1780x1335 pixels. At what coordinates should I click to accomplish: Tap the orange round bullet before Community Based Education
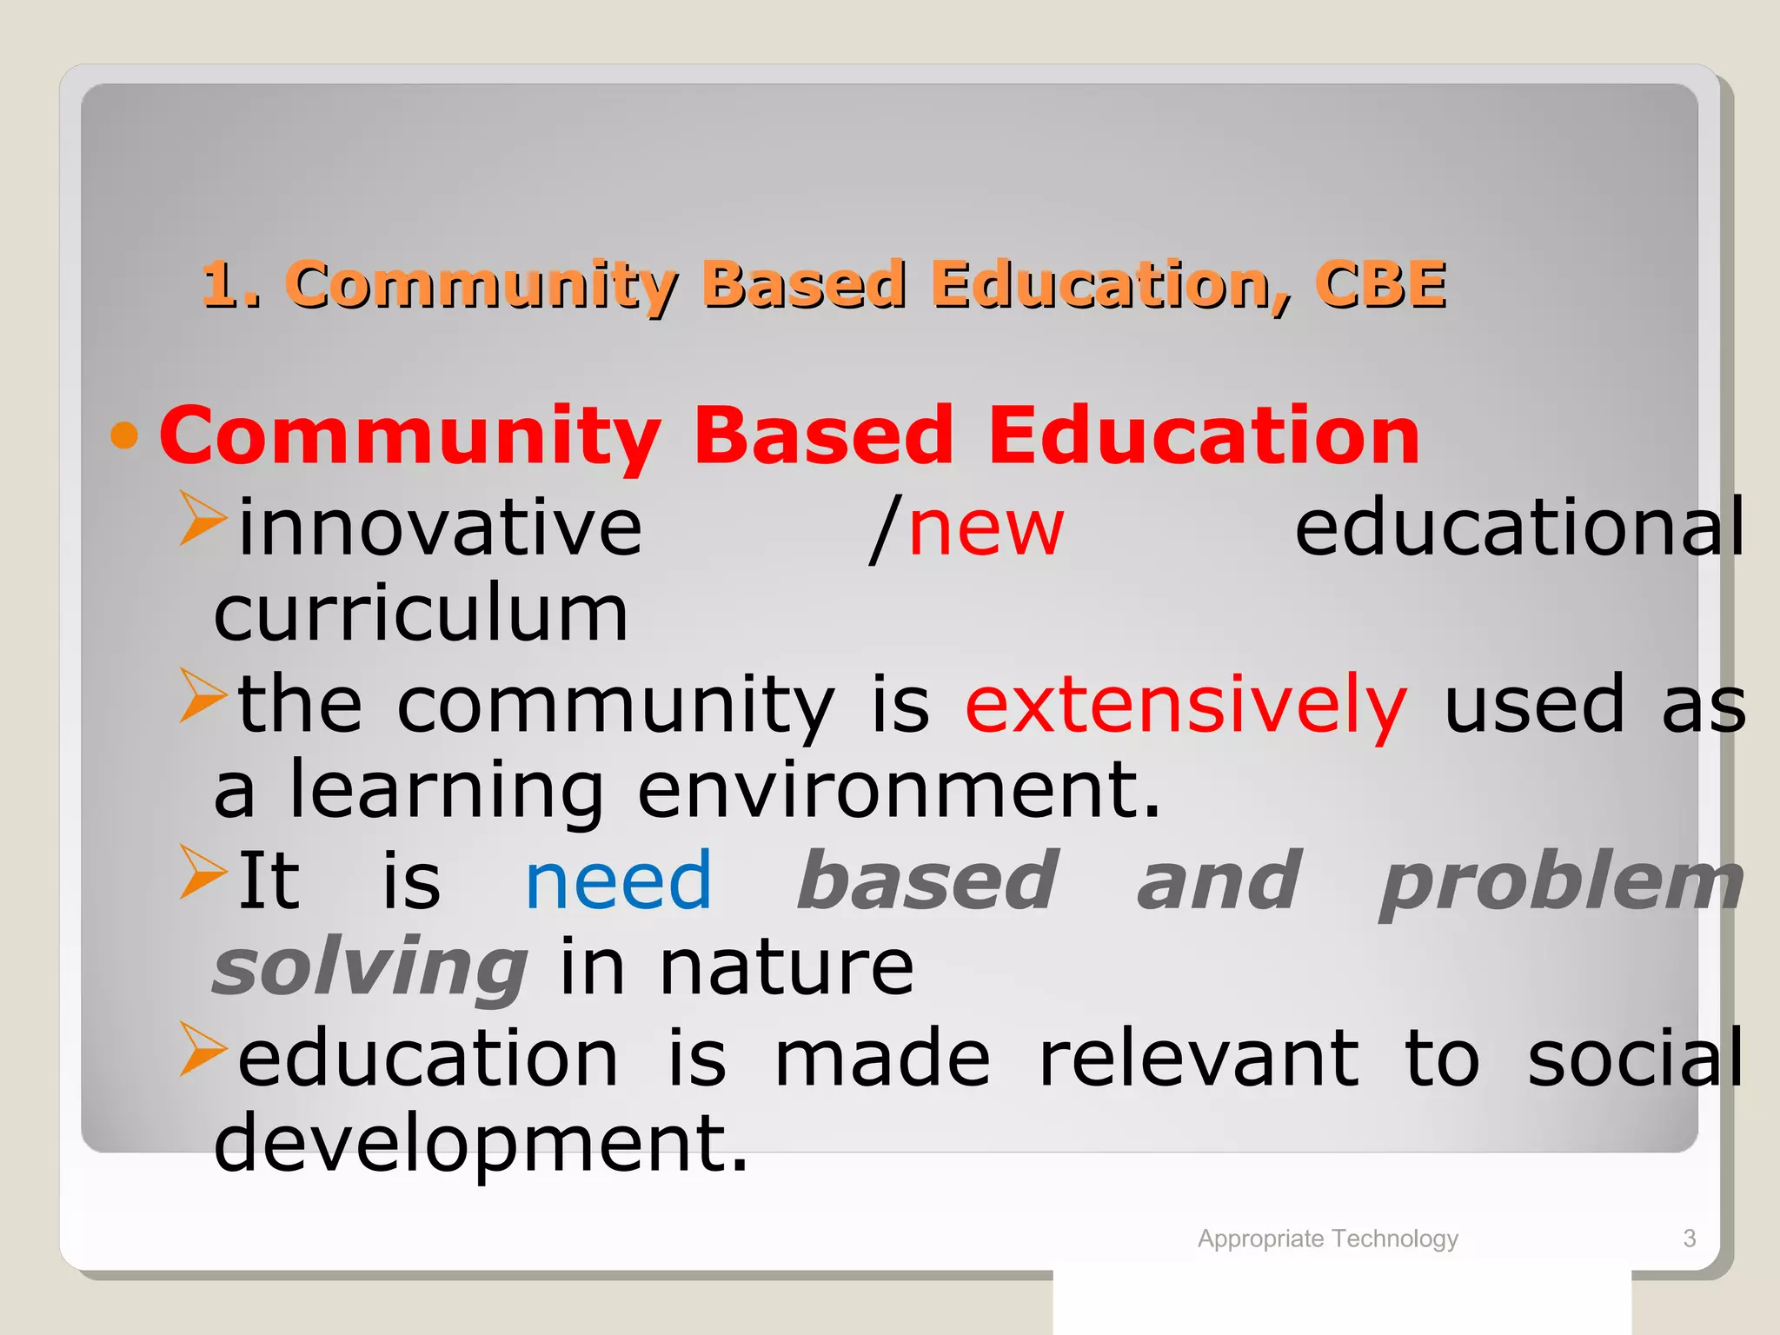coord(125,435)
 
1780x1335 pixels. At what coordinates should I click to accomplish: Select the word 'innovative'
coord(440,528)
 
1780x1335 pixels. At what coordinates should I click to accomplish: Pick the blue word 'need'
coord(618,881)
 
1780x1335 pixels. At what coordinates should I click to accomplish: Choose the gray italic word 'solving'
coord(370,970)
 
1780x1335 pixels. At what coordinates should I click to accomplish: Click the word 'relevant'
coord(1199,1058)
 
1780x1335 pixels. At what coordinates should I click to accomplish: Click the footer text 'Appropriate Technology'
coord(1327,1239)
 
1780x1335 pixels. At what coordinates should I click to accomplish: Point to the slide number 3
coord(1689,1239)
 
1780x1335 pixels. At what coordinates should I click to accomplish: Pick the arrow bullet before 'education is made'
coord(202,1049)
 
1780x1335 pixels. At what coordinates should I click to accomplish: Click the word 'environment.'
coord(899,791)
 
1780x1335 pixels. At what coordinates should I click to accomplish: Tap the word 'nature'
coord(787,968)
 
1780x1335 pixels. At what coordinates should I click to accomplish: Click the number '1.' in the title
coord(231,285)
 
